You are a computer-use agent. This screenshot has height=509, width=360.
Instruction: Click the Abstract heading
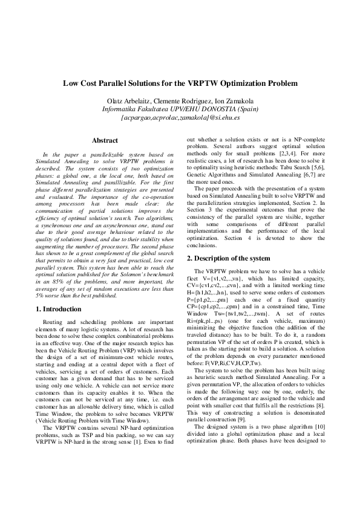point(105,140)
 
